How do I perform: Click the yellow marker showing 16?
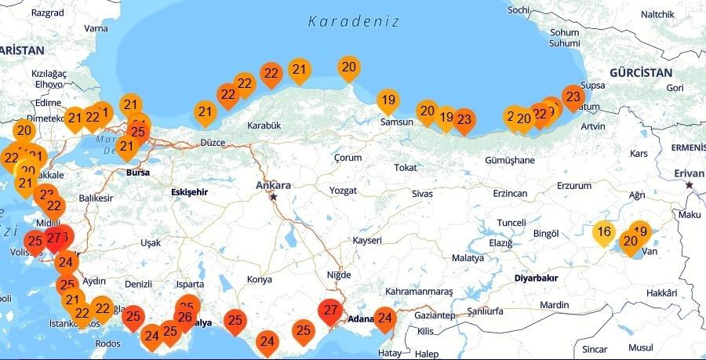tap(603, 232)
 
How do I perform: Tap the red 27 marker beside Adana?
tap(331, 311)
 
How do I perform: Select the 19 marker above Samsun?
tap(388, 100)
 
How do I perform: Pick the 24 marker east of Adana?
tap(384, 318)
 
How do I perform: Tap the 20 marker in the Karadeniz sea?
tap(349, 67)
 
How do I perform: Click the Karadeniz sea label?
tap(353, 21)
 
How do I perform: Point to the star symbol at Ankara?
tap(273, 197)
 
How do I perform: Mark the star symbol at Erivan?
tap(690, 185)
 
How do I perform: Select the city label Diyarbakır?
tap(536, 278)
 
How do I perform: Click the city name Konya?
tap(259, 279)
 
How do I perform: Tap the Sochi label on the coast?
tap(519, 10)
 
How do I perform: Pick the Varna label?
tap(96, 28)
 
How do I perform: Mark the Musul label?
tap(640, 347)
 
